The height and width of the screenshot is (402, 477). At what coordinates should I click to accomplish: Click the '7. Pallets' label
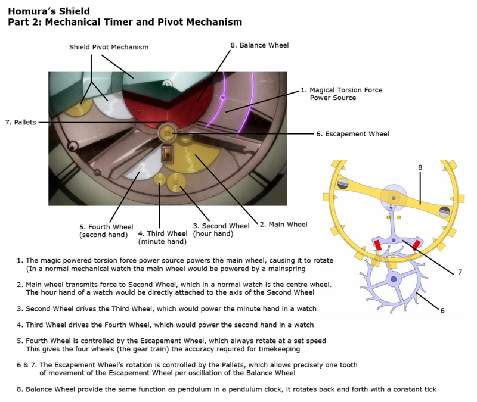(21, 122)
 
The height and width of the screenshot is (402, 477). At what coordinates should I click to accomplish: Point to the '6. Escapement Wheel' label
(352, 134)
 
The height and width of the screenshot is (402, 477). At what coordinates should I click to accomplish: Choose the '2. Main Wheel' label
(283, 225)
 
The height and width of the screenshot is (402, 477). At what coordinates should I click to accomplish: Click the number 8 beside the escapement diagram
(420, 169)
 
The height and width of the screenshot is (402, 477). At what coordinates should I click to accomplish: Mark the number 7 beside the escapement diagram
(460, 272)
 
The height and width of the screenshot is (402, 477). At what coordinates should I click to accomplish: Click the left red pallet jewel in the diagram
(377, 246)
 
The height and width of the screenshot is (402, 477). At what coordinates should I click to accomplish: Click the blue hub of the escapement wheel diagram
(393, 278)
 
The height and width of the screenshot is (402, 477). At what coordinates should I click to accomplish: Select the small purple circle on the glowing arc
(222, 96)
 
